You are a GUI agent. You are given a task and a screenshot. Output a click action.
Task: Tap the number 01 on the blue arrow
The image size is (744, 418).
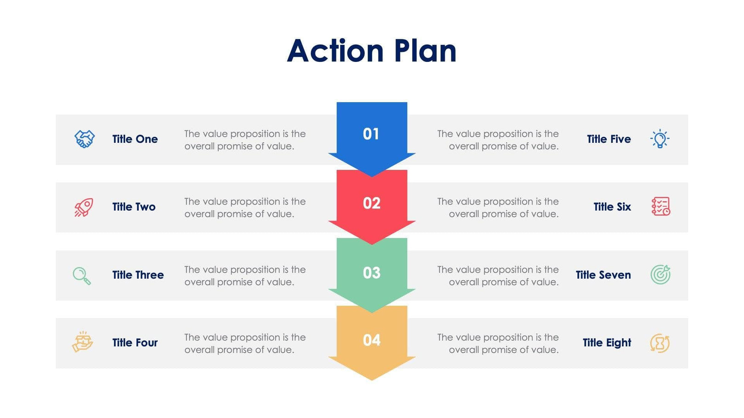[371, 134]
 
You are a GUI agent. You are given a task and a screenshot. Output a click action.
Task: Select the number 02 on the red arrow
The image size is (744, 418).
[372, 203]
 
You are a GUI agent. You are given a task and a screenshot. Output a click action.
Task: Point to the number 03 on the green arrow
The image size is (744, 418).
[372, 273]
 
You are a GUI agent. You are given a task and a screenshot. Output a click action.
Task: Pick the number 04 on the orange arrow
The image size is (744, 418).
[372, 340]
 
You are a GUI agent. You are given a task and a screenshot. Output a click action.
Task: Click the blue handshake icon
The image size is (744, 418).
[85, 139]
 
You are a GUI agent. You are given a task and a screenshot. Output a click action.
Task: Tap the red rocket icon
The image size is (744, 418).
[84, 207]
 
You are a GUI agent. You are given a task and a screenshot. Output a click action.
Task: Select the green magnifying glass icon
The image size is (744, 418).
[82, 276]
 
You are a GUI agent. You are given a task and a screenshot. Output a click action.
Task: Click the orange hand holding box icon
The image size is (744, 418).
[83, 342]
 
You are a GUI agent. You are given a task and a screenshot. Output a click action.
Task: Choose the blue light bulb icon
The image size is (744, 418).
[660, 139]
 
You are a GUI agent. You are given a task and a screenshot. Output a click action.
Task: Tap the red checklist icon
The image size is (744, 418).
[660, 206]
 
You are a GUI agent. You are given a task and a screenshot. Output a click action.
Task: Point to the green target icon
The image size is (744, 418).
[660, 274]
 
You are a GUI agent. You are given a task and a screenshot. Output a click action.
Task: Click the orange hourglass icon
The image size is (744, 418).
[660, 343]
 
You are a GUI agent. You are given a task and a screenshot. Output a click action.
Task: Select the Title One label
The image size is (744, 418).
[135, 139]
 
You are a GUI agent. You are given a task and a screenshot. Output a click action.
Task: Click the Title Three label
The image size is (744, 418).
[138, 275]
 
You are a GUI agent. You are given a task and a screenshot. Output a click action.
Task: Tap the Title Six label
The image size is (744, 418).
[612, 207]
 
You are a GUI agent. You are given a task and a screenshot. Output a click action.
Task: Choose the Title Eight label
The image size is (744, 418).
[607, 343]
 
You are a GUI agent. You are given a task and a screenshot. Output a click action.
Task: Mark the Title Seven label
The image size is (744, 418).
[603, 275]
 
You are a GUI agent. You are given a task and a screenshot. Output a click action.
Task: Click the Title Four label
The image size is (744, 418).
[135, 343]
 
